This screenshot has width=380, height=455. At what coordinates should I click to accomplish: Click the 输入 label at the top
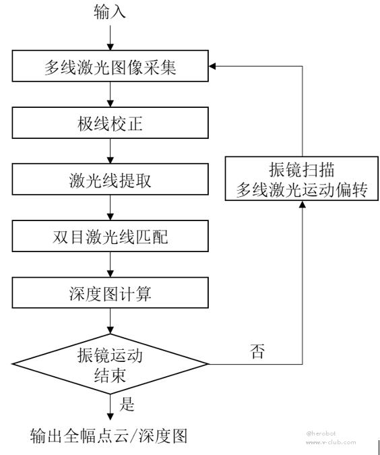(x=110, y=12)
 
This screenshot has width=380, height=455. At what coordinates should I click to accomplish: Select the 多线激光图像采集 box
(x=110, y=66)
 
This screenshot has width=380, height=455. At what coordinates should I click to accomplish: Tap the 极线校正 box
(x=110, y=123)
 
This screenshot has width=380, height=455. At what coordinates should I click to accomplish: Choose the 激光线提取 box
(x=110, y=179)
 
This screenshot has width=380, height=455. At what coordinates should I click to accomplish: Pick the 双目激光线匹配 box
(x=110, y=236)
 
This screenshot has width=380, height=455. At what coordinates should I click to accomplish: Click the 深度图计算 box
(x=110, y=293)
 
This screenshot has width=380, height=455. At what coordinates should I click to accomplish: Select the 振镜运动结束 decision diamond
(x=110, y=364)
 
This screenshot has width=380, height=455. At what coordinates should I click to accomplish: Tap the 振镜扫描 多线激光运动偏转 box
(x=302, y=179)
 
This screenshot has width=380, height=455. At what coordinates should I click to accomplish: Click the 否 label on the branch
(x=257, y=351)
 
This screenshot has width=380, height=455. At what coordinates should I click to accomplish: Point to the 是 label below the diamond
(x=127, y=404)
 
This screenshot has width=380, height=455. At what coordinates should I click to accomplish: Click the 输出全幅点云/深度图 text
(x=108, y=436)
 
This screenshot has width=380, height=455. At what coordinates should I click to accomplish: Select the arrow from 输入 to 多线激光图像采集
(x=110, y=38)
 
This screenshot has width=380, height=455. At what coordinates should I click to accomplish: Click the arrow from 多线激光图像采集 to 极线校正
(x=110, y=94)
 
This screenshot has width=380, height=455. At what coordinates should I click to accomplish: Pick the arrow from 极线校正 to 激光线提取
(x=110, y=151)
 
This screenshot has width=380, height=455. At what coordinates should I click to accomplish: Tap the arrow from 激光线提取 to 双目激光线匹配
(x=110, y=208)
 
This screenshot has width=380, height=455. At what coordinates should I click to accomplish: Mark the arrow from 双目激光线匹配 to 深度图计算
(x=110, y=264)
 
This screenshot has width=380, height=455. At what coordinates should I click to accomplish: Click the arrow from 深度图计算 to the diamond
(x=110, y=321)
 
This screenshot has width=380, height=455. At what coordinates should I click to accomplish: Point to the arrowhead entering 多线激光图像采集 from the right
(x=212, y=66)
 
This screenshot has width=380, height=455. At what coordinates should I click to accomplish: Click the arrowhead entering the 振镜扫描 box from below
(x=303, y=204)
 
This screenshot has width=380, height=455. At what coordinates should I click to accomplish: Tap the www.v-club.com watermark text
(x=331, y=442)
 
